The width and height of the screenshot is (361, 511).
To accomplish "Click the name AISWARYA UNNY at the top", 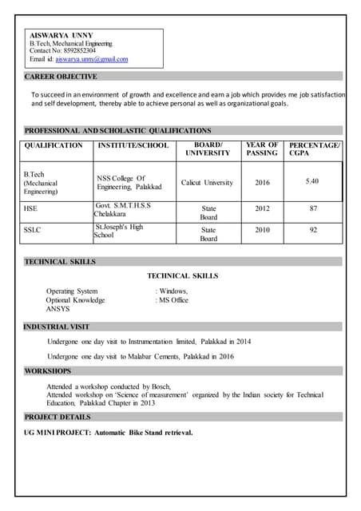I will pos(61,35).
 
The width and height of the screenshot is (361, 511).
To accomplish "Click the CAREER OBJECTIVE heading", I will pos(61,77).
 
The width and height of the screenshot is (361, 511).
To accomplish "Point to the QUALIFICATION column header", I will pos(54,145).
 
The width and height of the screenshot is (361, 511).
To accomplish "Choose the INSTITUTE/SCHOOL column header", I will pos(133,145).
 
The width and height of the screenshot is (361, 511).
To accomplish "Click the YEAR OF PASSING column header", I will pos(262,149).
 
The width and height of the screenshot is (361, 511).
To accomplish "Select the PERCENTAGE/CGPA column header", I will pos(314,149).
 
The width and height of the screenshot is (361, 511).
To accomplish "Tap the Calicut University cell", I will pos(207,183).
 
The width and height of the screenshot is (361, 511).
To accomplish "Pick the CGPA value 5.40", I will pos(312,181).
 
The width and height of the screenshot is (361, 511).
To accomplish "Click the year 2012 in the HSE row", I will pos(262,209).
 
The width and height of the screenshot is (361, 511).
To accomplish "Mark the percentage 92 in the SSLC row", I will pos(313,230).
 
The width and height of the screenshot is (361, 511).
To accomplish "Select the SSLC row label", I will pos(33,230).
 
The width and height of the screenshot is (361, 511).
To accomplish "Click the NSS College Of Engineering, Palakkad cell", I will pos(129,183).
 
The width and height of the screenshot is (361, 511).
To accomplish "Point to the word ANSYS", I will pos(58,308).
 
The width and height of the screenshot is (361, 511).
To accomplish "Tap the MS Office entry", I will pos(173,300).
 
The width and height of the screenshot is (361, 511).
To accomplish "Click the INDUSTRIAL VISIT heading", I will pos(57,327).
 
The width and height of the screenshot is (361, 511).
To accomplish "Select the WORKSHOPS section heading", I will pos(47,371).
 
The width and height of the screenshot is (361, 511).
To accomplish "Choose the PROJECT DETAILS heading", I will pos(58,417).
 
